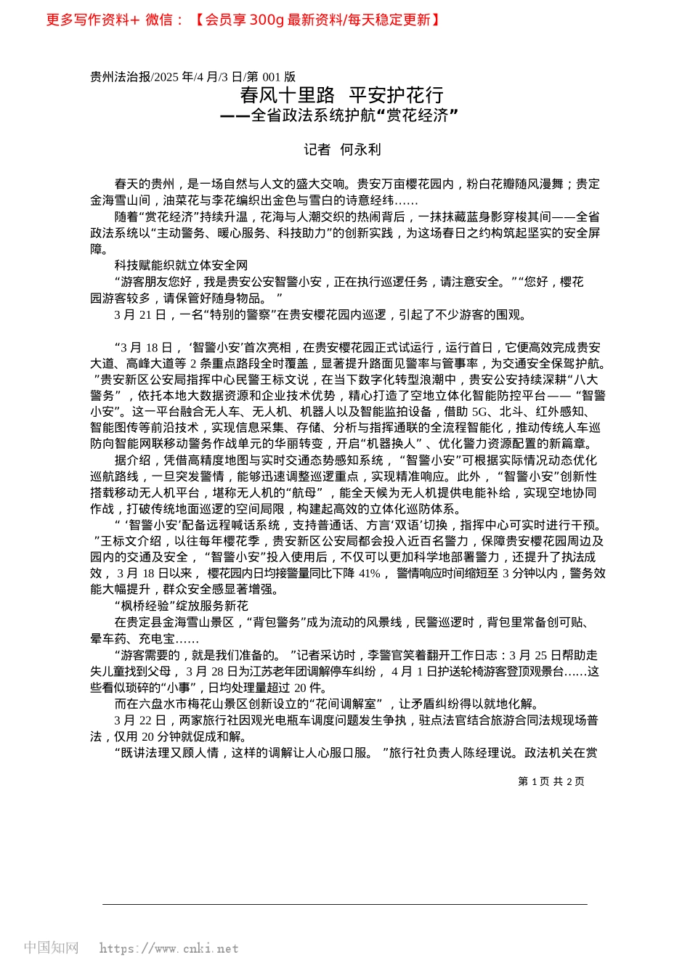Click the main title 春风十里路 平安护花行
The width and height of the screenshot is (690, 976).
341,95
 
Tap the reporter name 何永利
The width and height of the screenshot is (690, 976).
360,150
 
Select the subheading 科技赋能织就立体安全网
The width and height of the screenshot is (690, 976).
181,266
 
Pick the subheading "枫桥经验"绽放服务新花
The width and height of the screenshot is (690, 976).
181,606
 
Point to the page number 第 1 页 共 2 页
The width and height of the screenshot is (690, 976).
551,781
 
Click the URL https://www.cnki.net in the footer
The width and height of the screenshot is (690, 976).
169,948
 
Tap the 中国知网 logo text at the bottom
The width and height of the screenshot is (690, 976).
51,948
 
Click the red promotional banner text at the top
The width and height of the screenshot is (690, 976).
243,20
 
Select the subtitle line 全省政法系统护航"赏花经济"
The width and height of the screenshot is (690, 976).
354,115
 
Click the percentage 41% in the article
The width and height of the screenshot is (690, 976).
370,574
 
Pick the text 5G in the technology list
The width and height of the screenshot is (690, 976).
480,412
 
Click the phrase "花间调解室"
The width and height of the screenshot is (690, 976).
344,704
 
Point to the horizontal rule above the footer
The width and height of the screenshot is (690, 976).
345,904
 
